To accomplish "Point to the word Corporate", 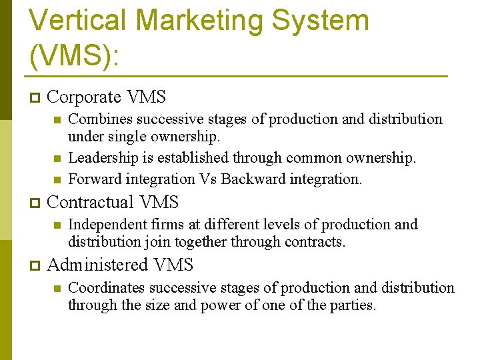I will coord(84,97).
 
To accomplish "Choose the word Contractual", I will coord(90,201).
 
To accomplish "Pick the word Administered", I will coord(98,265).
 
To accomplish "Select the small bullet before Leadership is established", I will coord(57,159).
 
